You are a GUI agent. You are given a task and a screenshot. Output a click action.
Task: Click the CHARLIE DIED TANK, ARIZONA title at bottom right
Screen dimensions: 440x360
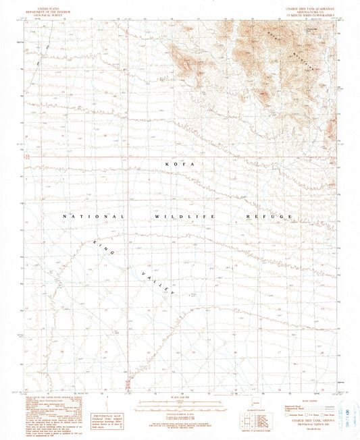click(x=305, y=420)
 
